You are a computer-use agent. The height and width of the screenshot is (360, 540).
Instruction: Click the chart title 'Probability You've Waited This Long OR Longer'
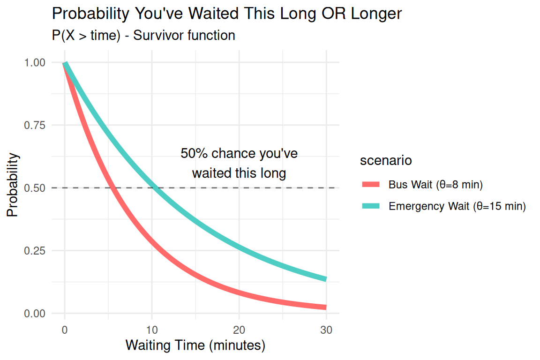(227, 14)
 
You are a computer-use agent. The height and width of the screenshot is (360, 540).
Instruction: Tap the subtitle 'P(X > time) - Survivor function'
(143, 36)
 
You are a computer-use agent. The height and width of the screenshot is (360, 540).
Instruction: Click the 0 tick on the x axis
(65, 330)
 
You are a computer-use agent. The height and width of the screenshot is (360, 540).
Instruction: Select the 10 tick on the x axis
(152, 330)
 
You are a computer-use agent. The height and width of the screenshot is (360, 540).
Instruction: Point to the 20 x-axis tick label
(239, 330)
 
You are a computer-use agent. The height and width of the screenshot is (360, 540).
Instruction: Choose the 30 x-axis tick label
(326, 330)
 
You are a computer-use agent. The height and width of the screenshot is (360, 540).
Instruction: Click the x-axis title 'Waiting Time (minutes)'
(195, 346)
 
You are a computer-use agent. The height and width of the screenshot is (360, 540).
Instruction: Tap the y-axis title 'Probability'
(13, 185)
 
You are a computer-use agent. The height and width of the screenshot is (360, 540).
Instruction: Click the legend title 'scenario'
(386, 161)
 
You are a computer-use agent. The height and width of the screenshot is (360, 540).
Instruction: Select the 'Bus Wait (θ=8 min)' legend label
(435, 184)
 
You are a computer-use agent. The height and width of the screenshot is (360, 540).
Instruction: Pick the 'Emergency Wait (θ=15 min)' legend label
(457, 206)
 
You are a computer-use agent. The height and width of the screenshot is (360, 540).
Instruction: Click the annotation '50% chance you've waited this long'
(239, 163)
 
